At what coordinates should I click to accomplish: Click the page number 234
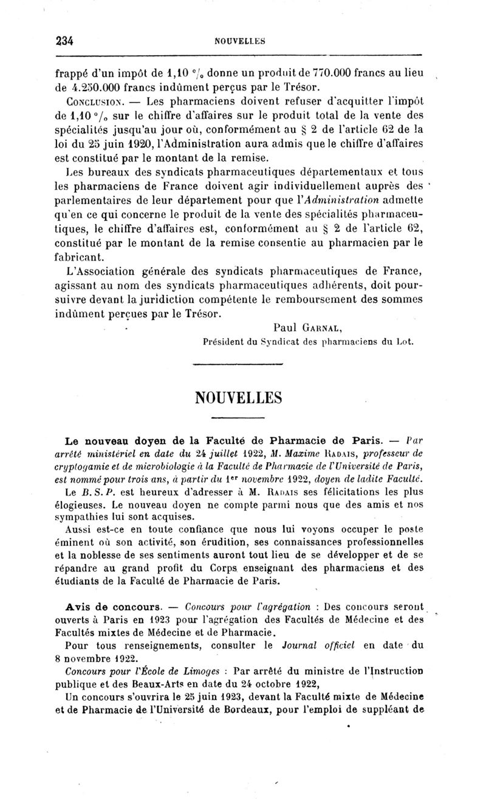pos(64,41)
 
